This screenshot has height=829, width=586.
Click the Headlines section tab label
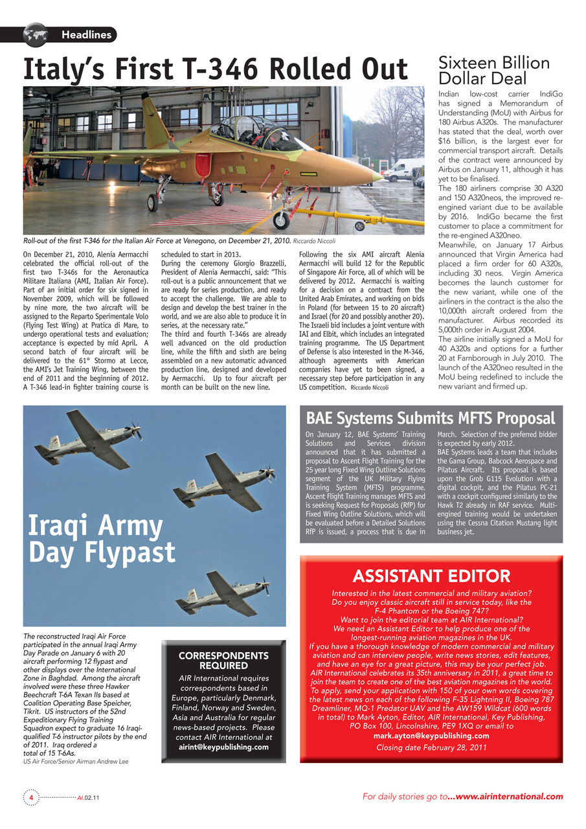coord(86,35)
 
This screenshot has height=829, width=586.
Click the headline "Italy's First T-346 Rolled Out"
coord(215,70)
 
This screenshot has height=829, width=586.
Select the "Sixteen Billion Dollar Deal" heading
coord(494,71)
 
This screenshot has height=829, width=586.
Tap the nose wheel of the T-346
coord(281,220)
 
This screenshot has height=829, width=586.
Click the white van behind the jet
coord(403,170)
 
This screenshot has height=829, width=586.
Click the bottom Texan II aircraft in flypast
coord(223,595)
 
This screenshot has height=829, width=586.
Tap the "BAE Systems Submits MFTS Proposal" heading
coord(430,418)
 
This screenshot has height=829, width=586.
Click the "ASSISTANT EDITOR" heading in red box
coord(431,576)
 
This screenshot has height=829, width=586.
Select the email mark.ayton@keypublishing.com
coord(431,736)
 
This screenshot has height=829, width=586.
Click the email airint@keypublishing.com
coord(223,747)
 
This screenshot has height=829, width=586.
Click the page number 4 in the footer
coord(30,797)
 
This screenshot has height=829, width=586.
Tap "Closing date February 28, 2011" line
coord(431,747)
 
